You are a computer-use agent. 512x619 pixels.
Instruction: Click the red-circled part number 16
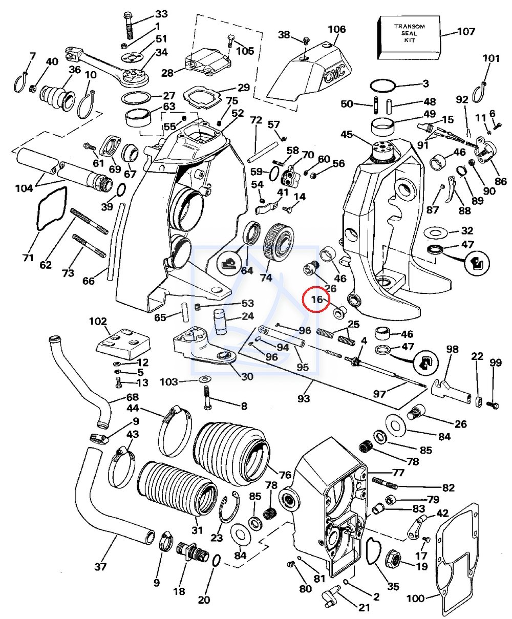coord(317,300)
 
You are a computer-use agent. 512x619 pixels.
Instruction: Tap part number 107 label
coord(466,32)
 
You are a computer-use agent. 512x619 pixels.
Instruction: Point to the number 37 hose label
coord(101,566)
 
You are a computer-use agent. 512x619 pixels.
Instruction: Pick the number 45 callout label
coord(347,135)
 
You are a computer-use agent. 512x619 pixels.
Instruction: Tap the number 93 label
coord(304,398)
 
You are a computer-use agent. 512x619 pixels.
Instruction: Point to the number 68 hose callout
coord(132,398)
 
